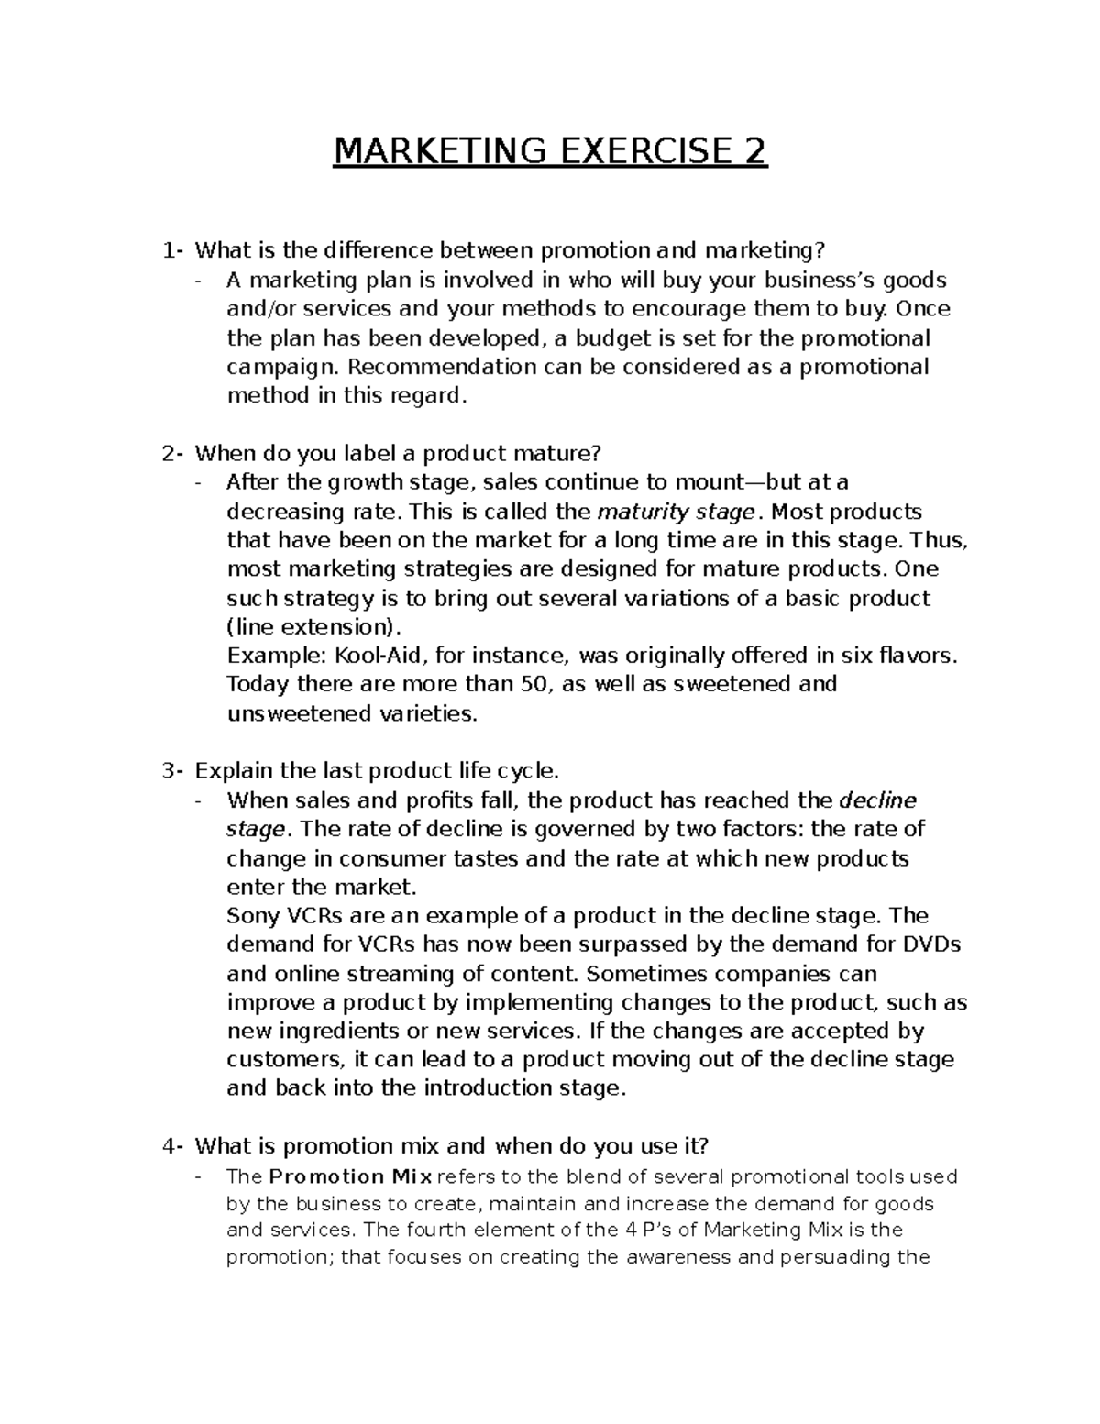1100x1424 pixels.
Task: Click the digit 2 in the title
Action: pyautogui.click(x=754, y=150)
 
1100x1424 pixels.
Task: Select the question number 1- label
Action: pyautogui.click(x=171, y=250)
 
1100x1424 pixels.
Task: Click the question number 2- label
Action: pyautogui.click(x=171, y=453)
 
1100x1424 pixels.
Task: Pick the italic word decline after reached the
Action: pyautogui.click(x=877, y=800)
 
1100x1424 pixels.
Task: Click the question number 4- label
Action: pyautogui.click(x=171, y=1146)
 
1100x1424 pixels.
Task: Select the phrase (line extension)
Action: pyautogui.click(x=313, y=627)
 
